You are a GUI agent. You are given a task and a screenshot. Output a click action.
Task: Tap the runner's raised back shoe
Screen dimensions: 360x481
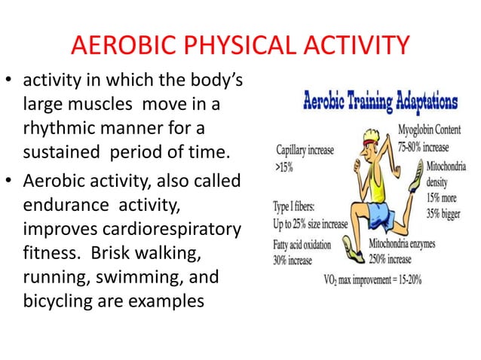pyautogui.click(x=417, y=183)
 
